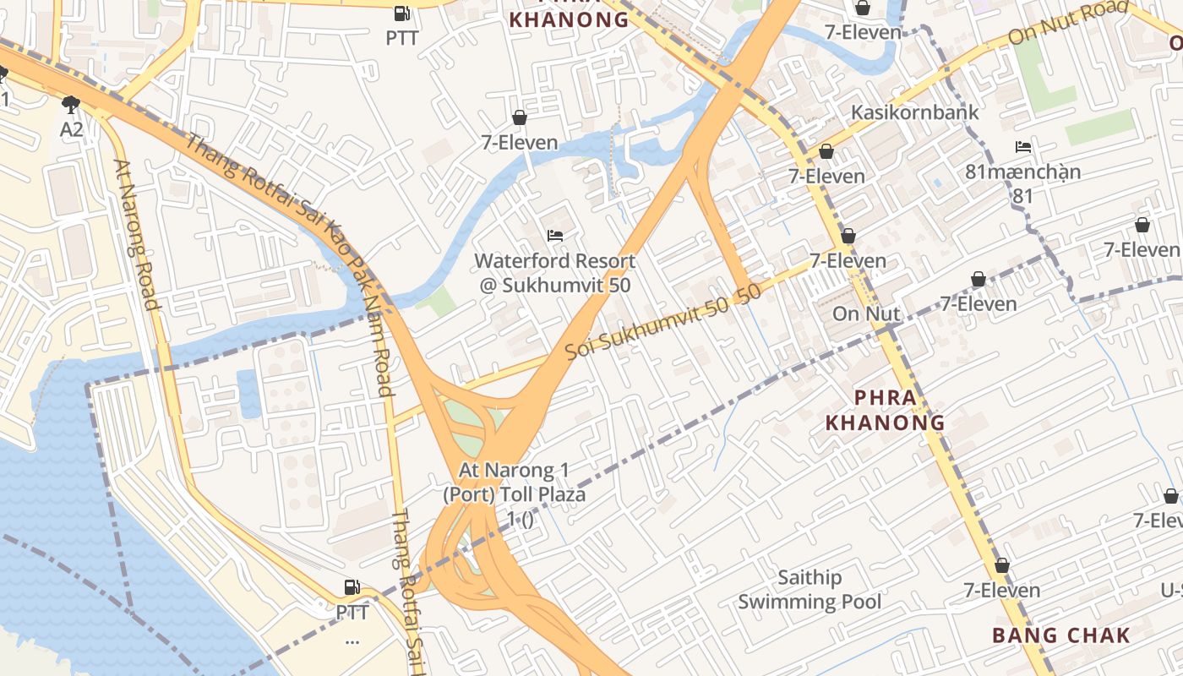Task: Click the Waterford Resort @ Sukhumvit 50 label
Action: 554,272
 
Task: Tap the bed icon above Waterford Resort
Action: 555,236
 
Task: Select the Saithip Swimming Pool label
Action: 810,590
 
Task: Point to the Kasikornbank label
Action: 914,112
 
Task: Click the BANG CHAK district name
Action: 1060,635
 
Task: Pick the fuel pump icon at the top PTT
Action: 402,14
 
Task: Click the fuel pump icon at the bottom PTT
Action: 352,587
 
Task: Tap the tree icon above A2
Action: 71,105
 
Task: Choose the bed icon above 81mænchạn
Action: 1022,147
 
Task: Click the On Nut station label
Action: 866,313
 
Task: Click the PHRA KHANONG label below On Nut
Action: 885,410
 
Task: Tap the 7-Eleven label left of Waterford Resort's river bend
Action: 520,143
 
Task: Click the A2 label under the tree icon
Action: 72,129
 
